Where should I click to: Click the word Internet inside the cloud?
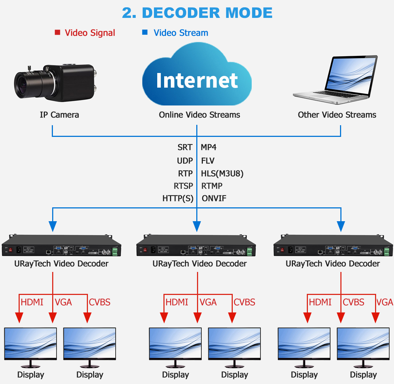point(197,80)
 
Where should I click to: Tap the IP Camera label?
point(59,115)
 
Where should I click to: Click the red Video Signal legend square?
point(57,32)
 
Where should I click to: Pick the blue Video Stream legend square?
point(145,32)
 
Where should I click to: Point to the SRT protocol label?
point(185,147)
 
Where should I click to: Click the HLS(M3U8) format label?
point(222,173)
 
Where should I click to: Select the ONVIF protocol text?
point(214,199)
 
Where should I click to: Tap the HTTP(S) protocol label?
point(178,199)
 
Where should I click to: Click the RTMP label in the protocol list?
point(212,186)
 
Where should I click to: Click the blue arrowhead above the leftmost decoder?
point(53,227)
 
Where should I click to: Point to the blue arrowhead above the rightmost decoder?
point(341,227)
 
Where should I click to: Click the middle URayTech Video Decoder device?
point(196,247)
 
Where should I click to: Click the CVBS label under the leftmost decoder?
point(100,302)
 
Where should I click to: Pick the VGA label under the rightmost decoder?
point(385,302)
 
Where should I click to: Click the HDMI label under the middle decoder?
point(177,302)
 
